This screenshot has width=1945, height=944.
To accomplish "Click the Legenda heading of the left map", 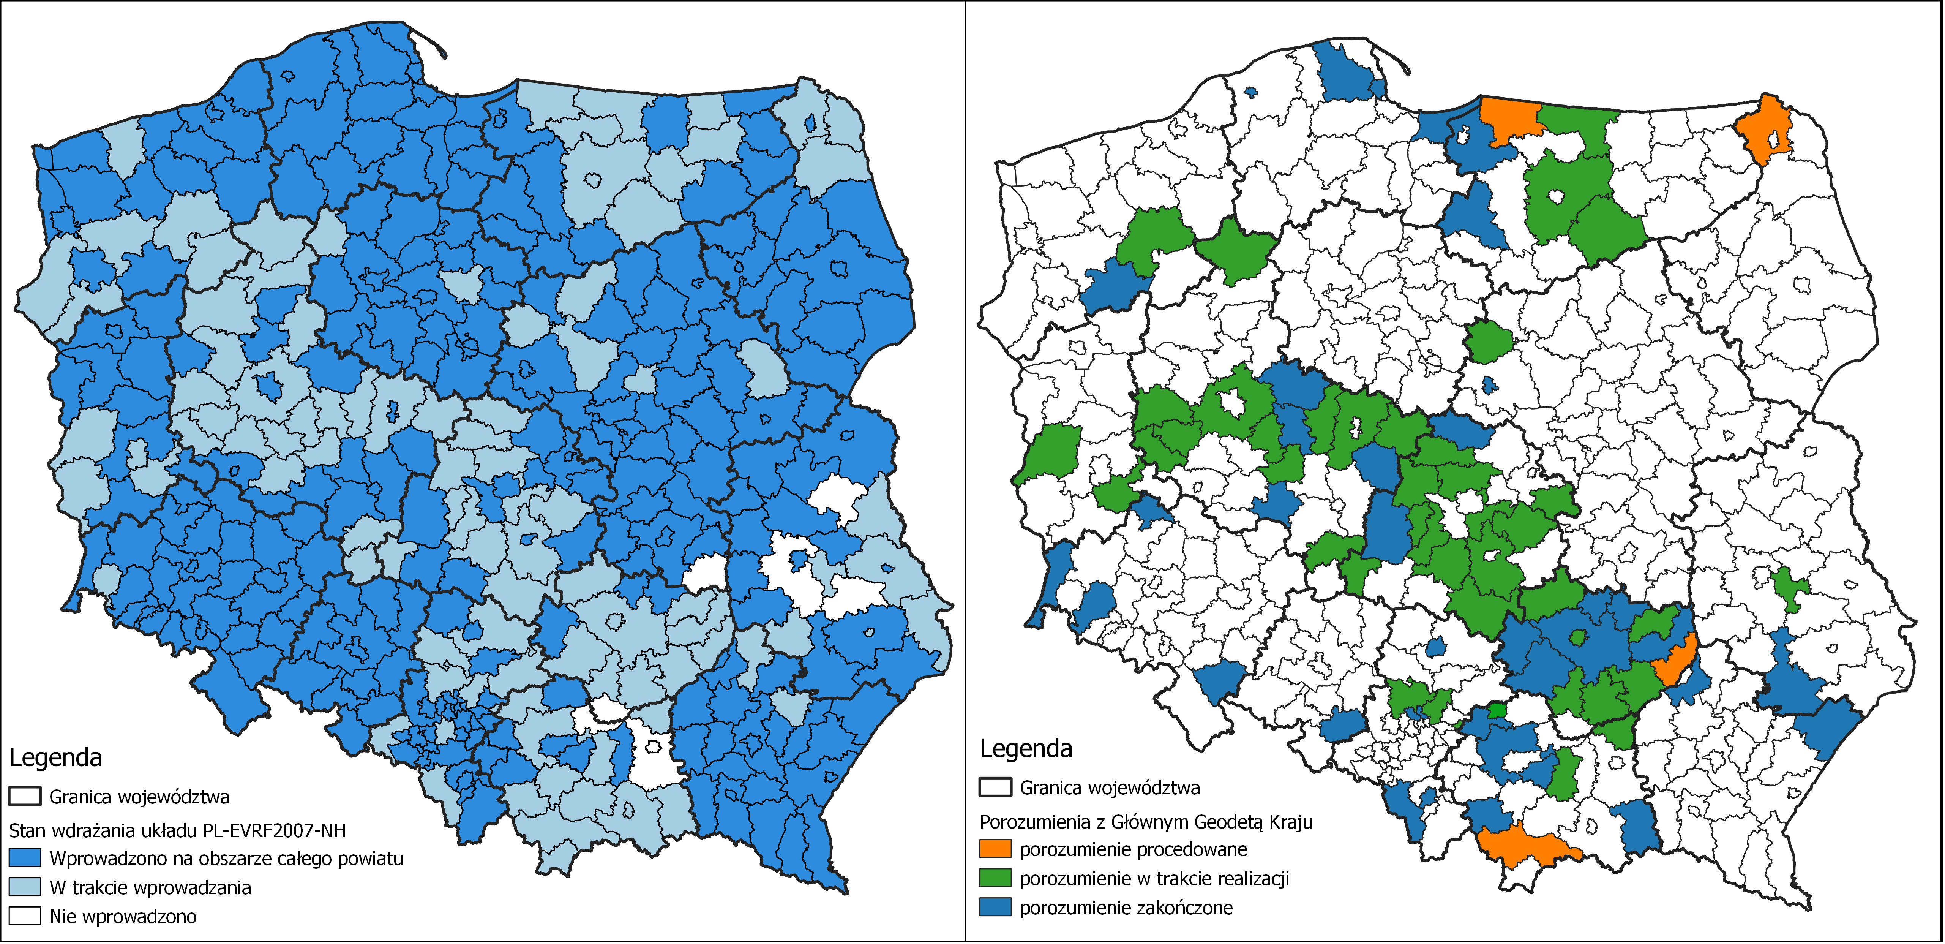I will click(55, 757).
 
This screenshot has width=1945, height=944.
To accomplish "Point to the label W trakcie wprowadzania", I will click(150, 887).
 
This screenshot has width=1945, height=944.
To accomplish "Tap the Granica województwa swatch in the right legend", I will click(995, 787).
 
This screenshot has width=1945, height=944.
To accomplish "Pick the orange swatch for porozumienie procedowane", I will click(995, 849).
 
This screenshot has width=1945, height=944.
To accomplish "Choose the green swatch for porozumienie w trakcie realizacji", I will click(995, 878).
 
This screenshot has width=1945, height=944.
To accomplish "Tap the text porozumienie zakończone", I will click(1126, 908).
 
